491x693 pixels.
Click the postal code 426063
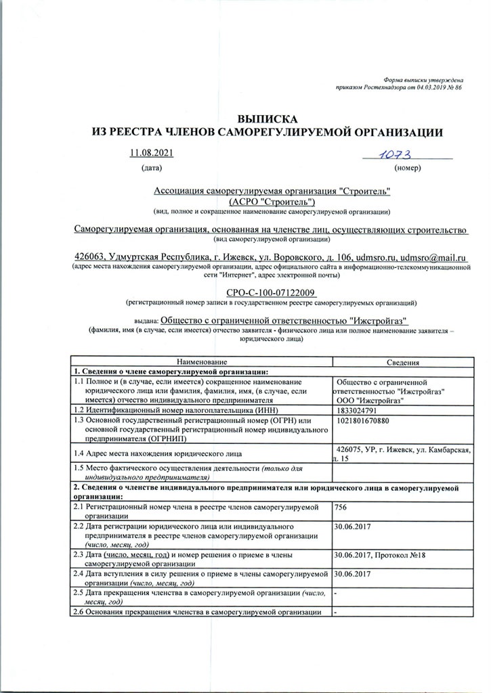tap(89, 258)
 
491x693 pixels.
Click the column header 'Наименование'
tap(202, 363)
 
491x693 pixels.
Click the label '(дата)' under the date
tap(152, 166)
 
